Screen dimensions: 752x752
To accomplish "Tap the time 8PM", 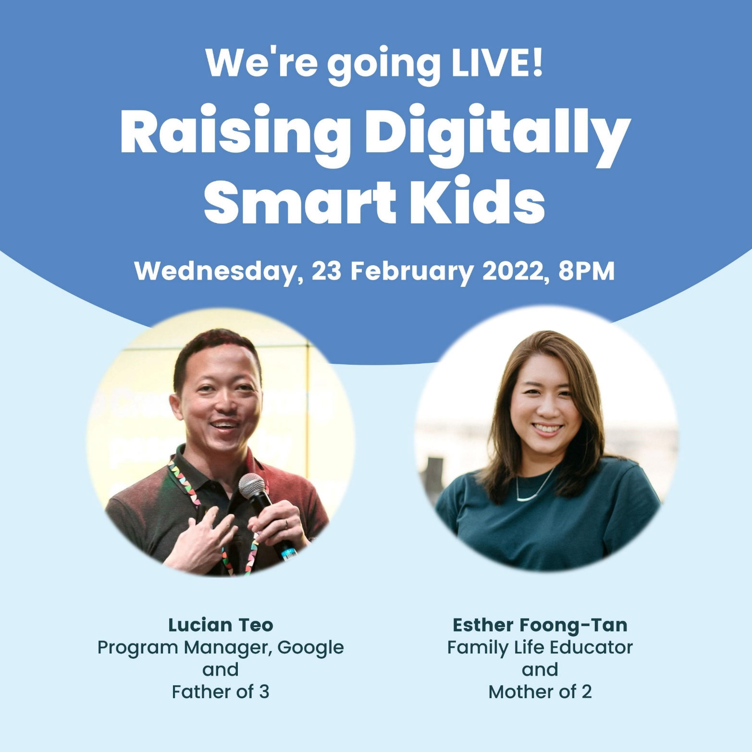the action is click(586, 271).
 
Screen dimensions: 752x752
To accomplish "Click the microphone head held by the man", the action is click(252, 485).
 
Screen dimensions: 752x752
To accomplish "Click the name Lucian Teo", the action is click(221, 625).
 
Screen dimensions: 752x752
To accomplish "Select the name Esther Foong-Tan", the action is click(540, 625).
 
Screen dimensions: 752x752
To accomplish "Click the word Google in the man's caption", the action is click(310, 648).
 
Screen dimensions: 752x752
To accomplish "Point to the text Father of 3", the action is click(221, 691).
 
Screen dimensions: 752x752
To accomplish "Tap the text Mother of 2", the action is click(540, 691).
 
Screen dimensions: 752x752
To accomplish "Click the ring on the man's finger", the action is click(286, 523).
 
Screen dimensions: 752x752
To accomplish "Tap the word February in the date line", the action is click(412, 271).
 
